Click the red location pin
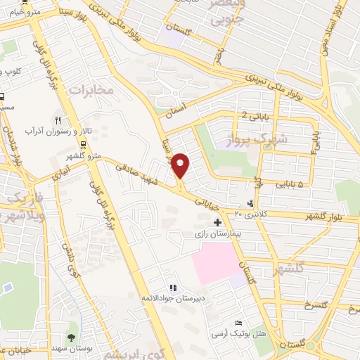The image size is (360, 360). [181, 165]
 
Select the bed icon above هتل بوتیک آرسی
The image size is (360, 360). [239, 322]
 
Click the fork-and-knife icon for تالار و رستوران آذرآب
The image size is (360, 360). [60, 120]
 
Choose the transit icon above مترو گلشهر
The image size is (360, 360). [84, 145]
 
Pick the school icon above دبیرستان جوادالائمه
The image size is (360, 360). [172, 287]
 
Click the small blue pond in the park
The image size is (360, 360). [7, 288]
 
